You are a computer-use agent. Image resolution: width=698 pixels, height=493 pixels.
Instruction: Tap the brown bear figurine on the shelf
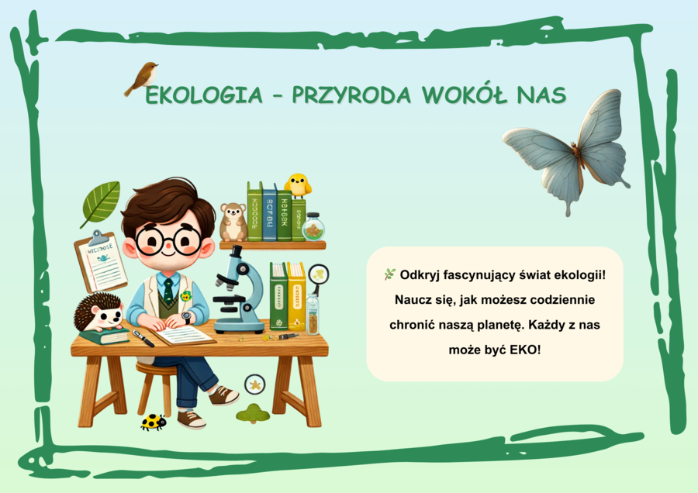point(232,222)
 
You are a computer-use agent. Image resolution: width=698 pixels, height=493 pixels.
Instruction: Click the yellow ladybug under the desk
point(154,422)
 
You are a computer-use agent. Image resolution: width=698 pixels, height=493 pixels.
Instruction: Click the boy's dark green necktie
point(168,291)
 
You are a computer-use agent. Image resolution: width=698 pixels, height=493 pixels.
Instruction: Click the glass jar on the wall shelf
point(313,227)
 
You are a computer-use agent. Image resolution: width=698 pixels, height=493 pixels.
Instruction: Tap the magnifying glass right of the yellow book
point(318,275)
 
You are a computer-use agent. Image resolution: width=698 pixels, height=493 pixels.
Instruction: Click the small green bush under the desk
point(253,413)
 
